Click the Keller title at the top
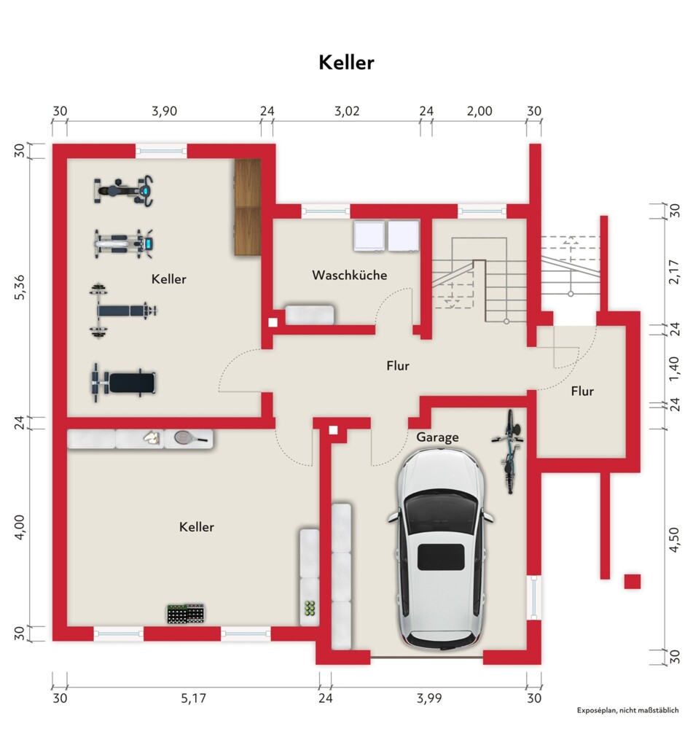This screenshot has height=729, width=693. [346, 62]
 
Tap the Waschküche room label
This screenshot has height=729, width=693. [350, 275]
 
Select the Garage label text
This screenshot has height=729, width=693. [437, 437]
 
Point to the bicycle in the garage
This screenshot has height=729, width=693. [509, 452]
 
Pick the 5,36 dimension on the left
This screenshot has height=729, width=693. [20, 287]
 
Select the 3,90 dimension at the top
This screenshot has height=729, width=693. [165, 111]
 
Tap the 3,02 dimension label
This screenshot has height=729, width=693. [347, 111]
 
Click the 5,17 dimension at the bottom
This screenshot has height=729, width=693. [193, 698]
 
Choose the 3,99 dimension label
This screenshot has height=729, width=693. [429, 698]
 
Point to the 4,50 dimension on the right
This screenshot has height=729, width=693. [674, 539]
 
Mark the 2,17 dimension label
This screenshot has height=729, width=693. [674, 272]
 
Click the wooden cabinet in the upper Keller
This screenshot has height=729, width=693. [248, 207]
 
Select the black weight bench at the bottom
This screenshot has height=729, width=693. [123, 383]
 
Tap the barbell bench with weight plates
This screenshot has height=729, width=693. [123, 310]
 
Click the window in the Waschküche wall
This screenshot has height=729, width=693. [325, 211]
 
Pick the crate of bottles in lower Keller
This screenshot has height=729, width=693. [186, 614]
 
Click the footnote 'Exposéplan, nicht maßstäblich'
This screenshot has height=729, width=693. [627, 710]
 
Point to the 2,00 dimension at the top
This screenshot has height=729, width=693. [479, 111]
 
